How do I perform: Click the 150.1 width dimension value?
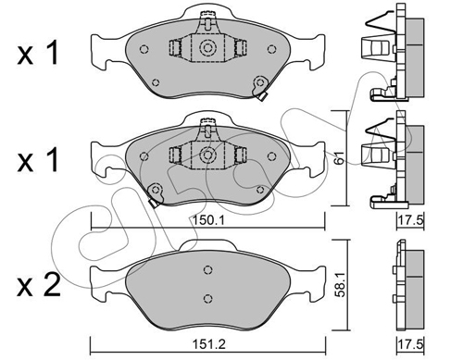[x=208, y=220]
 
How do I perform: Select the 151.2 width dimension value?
[x=208, y=343]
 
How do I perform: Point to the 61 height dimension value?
[x=339, y=157]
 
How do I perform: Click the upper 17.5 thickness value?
[x=410, y=220]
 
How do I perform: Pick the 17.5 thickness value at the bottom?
[x=410, y=343]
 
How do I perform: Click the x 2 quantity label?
[x=39, y=286]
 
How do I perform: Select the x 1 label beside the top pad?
[x=38, y=54]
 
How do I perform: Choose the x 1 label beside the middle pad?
[x=38, y=159]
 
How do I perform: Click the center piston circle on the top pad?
[x=207, y=48]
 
